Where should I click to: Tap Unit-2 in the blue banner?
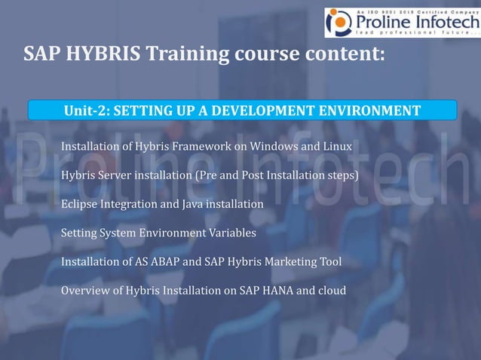[x=84, y=111]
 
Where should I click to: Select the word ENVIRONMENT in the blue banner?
[x=363, y=111]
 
